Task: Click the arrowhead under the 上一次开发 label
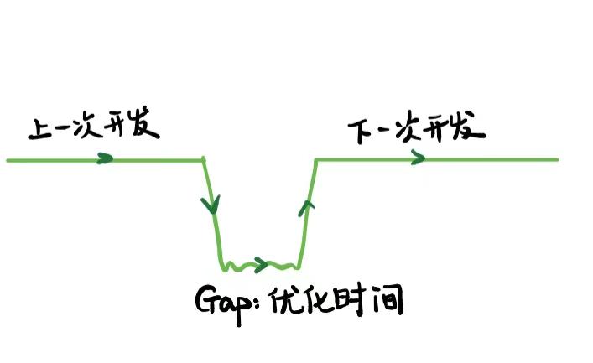click(105, 158)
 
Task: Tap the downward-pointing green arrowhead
click(211, 204)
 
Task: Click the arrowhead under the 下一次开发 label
click(418, 158)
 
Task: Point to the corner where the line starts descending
click(204, 158)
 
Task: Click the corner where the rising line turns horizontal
click(315, 159)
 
